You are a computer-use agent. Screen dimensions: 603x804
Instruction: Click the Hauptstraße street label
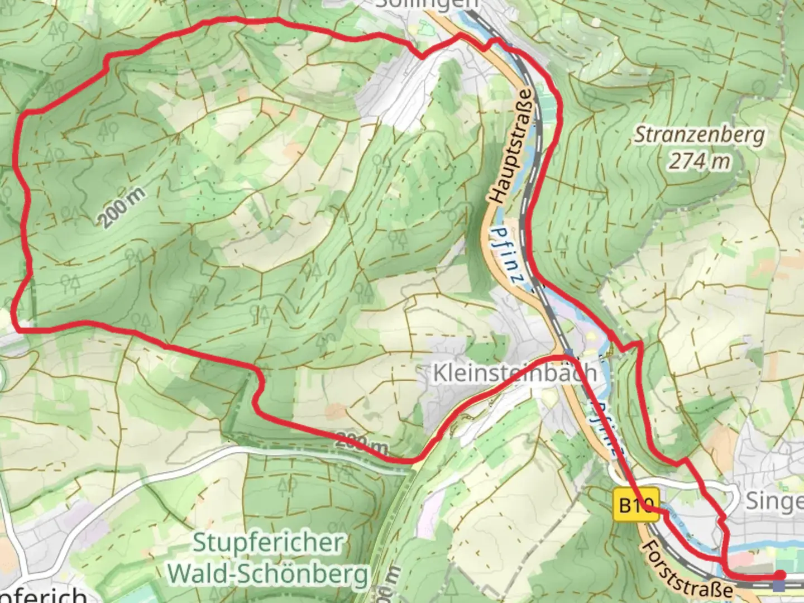pos(511,146)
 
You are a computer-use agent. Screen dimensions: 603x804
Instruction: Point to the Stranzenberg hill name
pos(699,135)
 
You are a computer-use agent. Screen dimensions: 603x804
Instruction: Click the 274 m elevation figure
pos(699,162)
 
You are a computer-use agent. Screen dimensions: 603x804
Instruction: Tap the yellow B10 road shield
pos(636,505)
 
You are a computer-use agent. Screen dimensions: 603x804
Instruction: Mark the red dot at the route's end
pos(779,575)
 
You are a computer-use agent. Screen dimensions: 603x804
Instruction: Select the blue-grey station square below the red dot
pos(779,586)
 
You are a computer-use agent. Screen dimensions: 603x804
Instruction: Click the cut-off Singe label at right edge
pos(774,501)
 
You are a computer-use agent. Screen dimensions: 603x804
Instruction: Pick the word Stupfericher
pos(268,543)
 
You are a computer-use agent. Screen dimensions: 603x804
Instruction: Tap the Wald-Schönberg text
pos(268,573)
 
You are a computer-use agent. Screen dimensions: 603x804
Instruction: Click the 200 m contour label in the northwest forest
pos(123,207)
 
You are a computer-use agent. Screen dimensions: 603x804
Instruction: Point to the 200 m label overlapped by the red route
pos(361,444)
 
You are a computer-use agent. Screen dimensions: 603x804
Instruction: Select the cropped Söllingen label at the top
pos(427,4)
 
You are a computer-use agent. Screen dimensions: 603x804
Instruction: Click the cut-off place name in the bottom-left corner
pos(42,595)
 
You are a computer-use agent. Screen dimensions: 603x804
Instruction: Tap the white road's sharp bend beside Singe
pos(733,494)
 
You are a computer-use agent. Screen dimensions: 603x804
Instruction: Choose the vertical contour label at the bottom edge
pos(390,583)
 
